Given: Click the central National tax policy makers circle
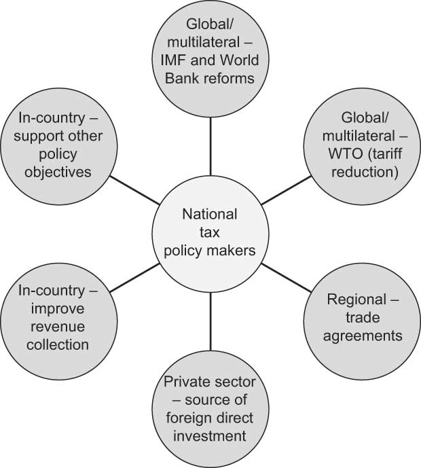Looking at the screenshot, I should pyautogui.click(x=210, y=232).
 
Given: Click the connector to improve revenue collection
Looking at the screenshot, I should pyautogui.click(x=135, y=274).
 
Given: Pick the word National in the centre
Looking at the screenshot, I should pyautogui.click(x=209, y=215).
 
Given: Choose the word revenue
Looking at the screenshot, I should pyautogui.click(x=54, y=327).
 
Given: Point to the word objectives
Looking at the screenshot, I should pyautogui.click(x=54, y=171).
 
